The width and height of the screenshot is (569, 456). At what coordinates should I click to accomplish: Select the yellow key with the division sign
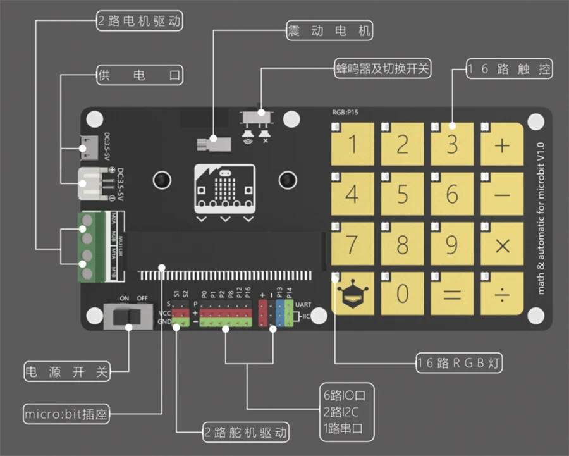tap(502, 294)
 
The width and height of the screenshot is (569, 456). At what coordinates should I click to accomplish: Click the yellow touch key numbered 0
tap(402, 294)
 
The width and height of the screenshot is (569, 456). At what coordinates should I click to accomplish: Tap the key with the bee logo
tap(352, 294)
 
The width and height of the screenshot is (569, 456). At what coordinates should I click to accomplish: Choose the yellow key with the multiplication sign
tap(502, 245)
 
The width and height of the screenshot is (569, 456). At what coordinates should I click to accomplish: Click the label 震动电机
tap(329, 30)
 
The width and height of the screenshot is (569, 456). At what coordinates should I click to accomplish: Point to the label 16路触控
tap(510, 69)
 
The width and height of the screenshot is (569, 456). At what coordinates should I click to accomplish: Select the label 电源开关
tap(66, 372)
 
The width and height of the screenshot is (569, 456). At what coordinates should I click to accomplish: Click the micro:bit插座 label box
tap(66, 415)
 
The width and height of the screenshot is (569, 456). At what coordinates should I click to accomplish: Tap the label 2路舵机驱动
tap(246, 433)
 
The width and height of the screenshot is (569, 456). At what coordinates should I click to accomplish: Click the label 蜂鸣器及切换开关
tap(383, 68)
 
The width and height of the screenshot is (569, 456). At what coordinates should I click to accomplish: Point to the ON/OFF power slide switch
tap(129, 316)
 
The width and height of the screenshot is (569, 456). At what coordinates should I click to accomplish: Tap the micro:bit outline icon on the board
tap(225, 189)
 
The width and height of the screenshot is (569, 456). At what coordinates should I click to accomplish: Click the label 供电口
tap(140, 75)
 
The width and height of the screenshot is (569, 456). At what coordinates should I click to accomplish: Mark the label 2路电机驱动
tap(140, 22)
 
